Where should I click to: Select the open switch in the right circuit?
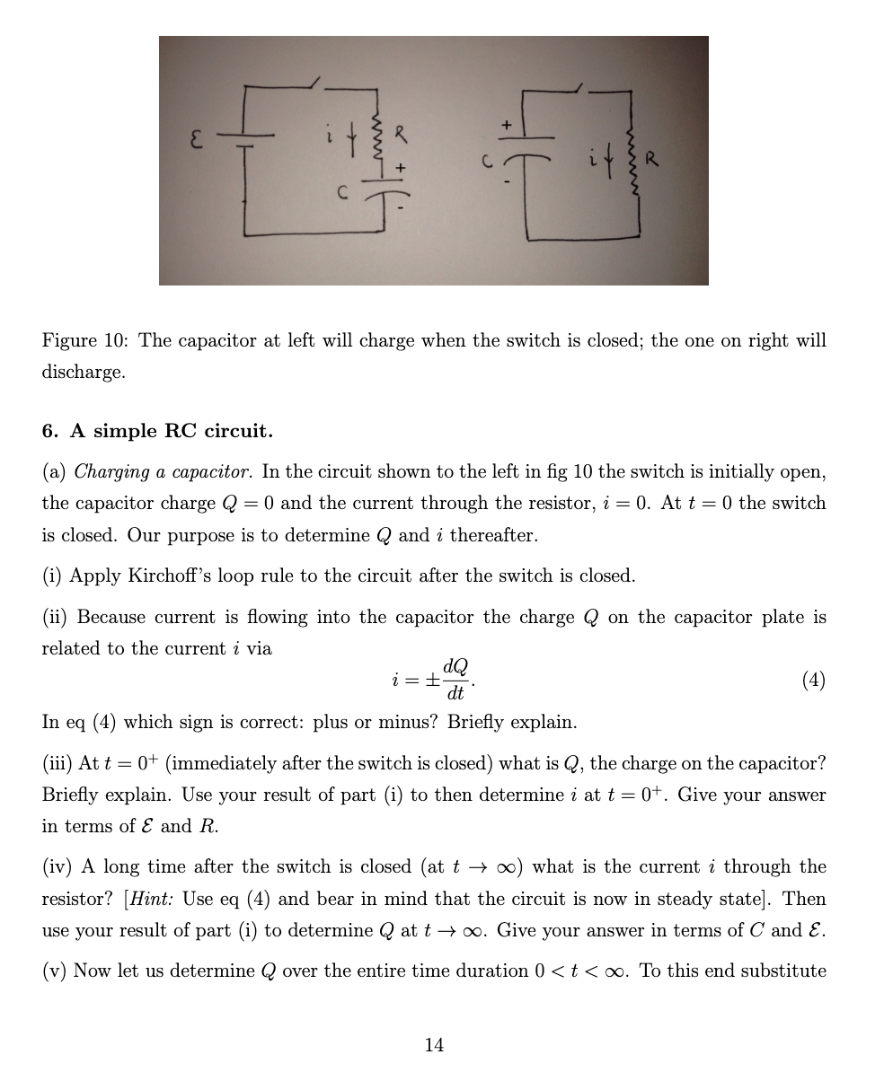pos(579,90)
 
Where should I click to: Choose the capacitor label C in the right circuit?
pos(484,161)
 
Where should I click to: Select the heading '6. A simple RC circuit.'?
pos(157,431)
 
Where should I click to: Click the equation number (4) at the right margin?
pos(812,680)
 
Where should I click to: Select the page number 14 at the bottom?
pos(434,1044)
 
